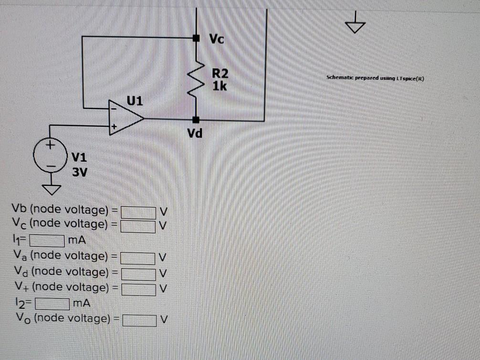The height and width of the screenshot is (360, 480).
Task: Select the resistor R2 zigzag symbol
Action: (196, 79)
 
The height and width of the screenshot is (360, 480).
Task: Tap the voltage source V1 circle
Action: (50, 155)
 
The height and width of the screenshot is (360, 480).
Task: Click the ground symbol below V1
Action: (50, 190)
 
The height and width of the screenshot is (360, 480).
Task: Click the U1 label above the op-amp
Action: (135, 101)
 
